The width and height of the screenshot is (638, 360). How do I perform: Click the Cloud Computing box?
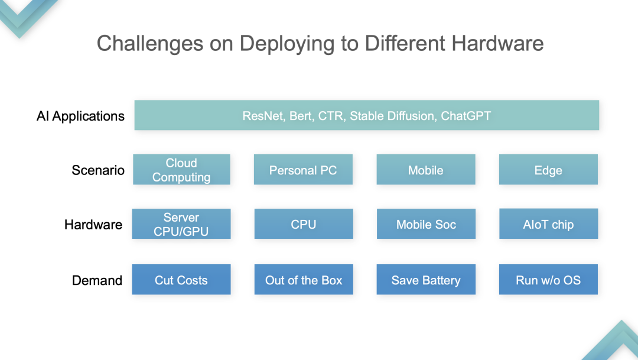click(x=181, y=170)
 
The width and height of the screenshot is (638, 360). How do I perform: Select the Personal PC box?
click(x=303, y=170)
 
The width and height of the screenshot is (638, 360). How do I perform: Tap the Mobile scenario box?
click(x=426, y=170)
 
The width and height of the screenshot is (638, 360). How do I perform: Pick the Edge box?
click(x=548, y=170)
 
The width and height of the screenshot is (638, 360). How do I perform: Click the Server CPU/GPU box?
click(x=181, y=223)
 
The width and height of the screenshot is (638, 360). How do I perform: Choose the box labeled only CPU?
click(x=304, y=223)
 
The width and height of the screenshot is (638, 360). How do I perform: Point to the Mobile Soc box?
click(x=426, y=223)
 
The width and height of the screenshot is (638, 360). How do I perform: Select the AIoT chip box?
click(x=548, y=223)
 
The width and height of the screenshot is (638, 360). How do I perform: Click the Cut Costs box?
click(x=181, y=280)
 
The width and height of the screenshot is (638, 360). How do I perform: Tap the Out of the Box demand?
click(x=304, y=280)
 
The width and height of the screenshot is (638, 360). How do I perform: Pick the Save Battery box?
click(x=426, y=280)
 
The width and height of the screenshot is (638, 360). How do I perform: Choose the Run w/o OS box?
click(x=548, y=280)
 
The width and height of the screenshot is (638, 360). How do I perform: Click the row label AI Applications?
click(x=80, y=116)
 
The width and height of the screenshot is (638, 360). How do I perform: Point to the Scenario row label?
click(x=98, y=170)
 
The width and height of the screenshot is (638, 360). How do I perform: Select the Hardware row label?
click(x=93, y=225)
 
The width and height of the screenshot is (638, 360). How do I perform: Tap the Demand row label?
click(x=97, y=280)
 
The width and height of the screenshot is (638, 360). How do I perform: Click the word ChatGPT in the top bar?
click(x=466, y=116)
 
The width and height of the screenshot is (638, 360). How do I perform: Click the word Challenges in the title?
click(x=150, y=44)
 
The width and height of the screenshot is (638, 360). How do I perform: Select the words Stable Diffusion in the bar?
click(x=393, y=116)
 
